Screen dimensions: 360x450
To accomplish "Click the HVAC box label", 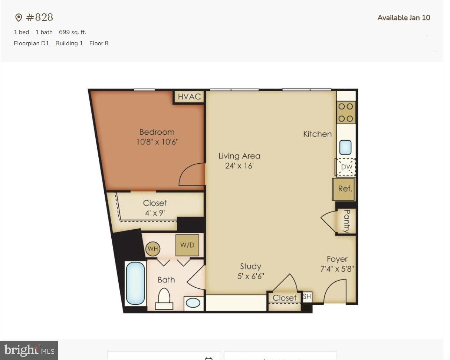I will point(189,97).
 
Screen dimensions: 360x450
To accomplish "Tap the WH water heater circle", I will point(152,249).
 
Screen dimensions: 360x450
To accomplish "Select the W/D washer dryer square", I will point(187,245).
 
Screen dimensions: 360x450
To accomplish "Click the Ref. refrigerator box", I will point(345,189).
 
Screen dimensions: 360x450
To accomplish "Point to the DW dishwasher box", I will point(346,167).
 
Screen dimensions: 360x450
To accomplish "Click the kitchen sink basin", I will point(345,147).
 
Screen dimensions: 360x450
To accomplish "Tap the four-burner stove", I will point(346,112).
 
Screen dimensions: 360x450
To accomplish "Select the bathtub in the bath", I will point(135,283).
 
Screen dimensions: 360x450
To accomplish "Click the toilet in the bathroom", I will point(164,299).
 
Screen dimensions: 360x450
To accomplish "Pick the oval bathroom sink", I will point(193,302).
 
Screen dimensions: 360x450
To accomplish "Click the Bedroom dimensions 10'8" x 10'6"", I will point(157,142).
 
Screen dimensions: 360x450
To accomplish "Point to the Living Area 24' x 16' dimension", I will point(239,166).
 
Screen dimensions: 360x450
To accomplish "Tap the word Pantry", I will point(346,221).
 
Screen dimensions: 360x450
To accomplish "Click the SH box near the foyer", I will point(307,297).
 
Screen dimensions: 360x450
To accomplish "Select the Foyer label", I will point(337,259).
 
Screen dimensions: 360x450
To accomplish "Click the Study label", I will point(250,266).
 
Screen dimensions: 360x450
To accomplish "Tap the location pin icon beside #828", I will point(19,17).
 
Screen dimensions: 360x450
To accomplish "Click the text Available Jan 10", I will point(404,17).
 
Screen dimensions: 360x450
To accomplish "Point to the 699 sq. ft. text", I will point(72,32).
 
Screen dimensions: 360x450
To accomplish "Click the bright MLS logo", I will point(29,350).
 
